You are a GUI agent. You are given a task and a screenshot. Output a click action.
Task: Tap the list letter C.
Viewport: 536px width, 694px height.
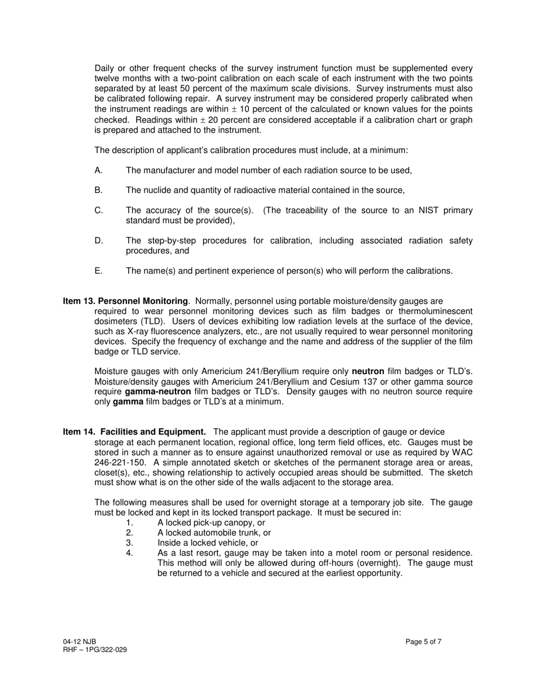[x=99, y=210]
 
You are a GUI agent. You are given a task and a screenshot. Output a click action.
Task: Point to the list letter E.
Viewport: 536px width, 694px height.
[x=99, y=271]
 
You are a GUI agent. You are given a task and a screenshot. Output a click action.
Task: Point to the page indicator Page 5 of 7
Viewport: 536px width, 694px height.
[x=423, y=642]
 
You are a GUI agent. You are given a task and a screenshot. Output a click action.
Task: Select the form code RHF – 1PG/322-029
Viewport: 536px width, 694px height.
[x=95, y=649]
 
